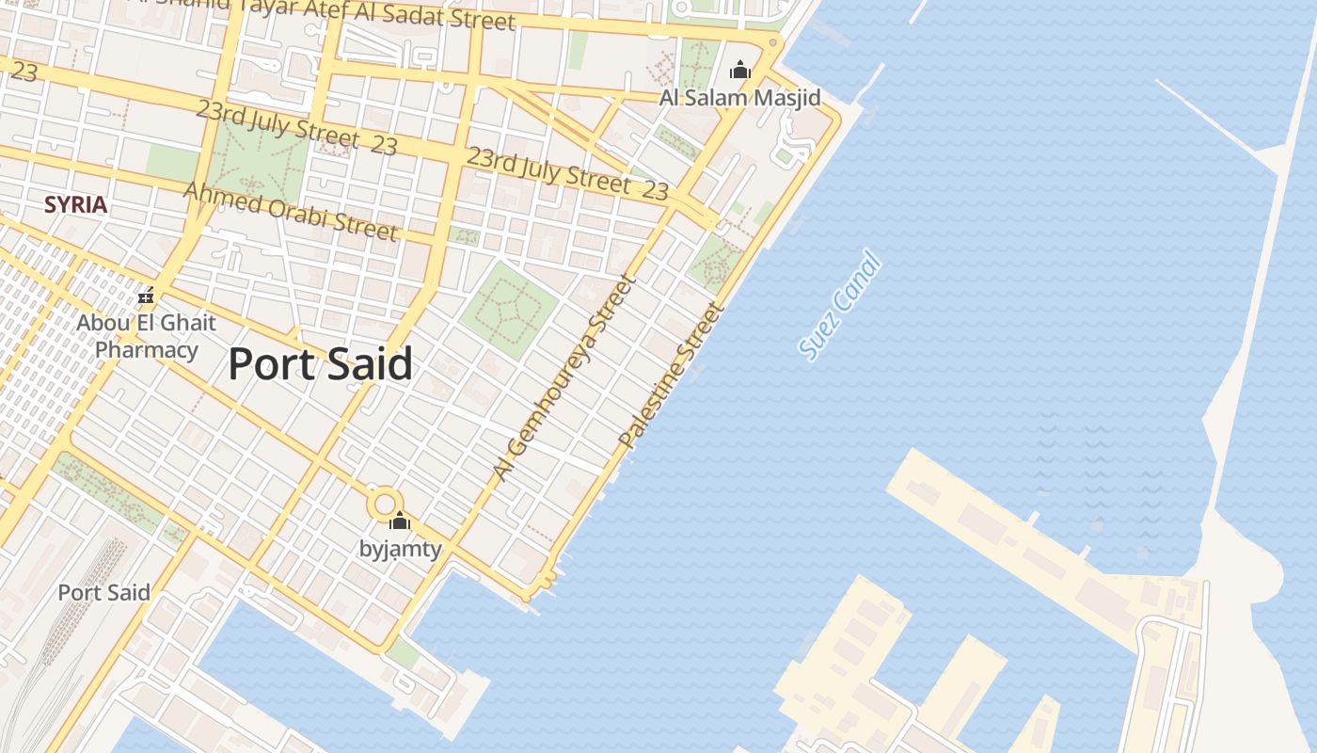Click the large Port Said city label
tap(320, 364)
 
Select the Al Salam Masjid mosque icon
tap(740, 70)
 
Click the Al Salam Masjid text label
tap(739, 98)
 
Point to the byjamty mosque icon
tap(400, 521)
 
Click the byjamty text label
tap(400, 549)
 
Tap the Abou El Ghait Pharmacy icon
tap(146, 296)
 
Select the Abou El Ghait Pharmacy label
tap(146, 337)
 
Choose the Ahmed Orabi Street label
tap(290, 211)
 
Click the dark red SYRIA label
tap(75, 204)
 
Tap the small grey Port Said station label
tap(103, 593)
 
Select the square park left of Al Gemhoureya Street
tap(509, 310)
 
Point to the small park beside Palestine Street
tap(716, 263)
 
